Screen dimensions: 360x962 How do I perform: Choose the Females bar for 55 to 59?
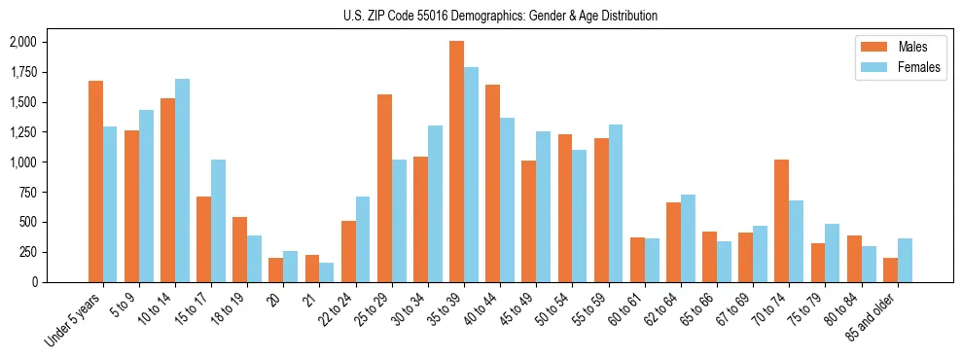(616, 203)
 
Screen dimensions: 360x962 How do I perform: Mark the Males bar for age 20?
(275, 270)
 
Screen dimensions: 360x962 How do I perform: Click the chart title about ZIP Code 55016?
(500, 16)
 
